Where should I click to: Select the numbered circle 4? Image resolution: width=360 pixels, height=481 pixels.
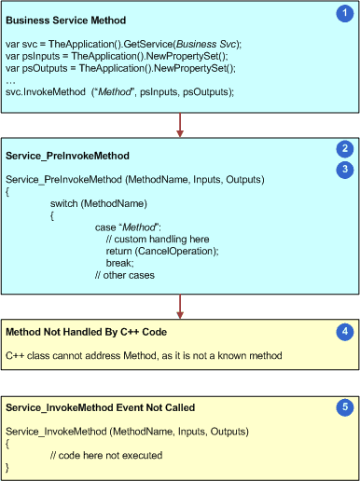click(x=342, y=330)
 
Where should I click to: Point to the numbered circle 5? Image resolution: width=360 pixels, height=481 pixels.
click(x=342, y=406)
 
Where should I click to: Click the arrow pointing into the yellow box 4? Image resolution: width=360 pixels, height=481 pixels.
click(x=180, y=305)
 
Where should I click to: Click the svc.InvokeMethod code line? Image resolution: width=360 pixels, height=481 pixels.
click(x=120, y=92)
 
